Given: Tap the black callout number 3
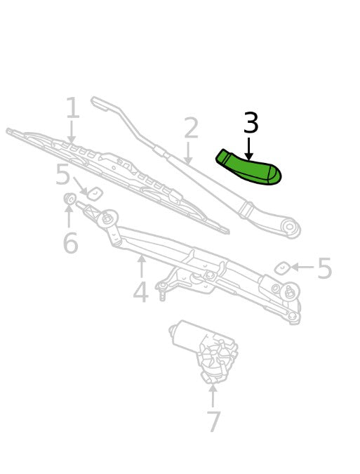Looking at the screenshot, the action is pos(251,122).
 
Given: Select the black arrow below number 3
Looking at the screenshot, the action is pos(248,149).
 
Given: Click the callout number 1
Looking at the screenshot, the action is pos(73,107).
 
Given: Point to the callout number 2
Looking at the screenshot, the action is pos(191,128).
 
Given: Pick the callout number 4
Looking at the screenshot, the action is pos(141,291).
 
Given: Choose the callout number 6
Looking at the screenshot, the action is pos(71,243).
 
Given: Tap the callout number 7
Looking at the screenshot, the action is pos(214,421).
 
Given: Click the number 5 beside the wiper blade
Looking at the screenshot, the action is pos(63,174).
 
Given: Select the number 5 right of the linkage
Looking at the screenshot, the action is pos(325,268).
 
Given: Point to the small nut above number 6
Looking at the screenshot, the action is pos(70,198).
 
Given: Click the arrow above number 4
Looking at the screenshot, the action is pos(141,266).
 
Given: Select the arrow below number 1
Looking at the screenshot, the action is pos(72,132).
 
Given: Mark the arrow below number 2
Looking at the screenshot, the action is pos(188,153).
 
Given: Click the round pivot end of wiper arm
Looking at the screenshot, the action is pos(291,227).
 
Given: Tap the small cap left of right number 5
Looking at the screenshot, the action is pos(282,269).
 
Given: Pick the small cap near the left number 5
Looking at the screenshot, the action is pos(95,194).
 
